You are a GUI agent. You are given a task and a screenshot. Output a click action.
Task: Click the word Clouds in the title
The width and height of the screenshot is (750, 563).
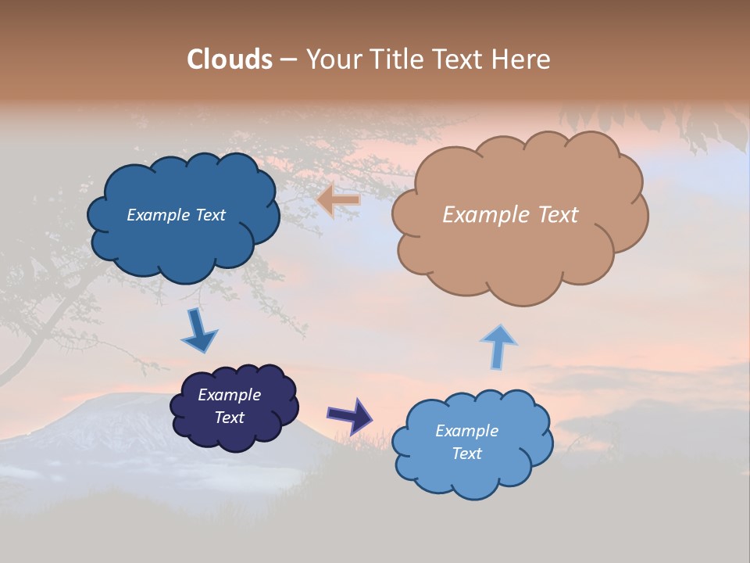(x=230, y=59)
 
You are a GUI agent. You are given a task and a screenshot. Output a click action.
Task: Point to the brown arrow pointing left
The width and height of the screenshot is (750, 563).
(x=338, y=200)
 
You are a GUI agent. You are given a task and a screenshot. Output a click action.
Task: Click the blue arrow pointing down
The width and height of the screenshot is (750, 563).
(x=198, y=331)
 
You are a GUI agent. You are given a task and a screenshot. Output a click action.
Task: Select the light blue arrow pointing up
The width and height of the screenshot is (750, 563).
(x=498, y=346)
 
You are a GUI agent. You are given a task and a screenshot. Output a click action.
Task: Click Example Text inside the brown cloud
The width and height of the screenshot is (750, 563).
(x=510, y=215)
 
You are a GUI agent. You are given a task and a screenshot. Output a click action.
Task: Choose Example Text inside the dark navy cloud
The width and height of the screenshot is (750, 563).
(x=230, y=406)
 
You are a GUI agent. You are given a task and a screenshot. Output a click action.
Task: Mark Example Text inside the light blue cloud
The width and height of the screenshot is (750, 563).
(x=466, y=442)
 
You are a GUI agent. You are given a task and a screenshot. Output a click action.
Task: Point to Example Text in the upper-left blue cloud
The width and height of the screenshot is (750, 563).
(x=176, y=215)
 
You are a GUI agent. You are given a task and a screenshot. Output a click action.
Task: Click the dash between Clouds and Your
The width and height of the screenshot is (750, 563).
(x=287, y=60)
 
